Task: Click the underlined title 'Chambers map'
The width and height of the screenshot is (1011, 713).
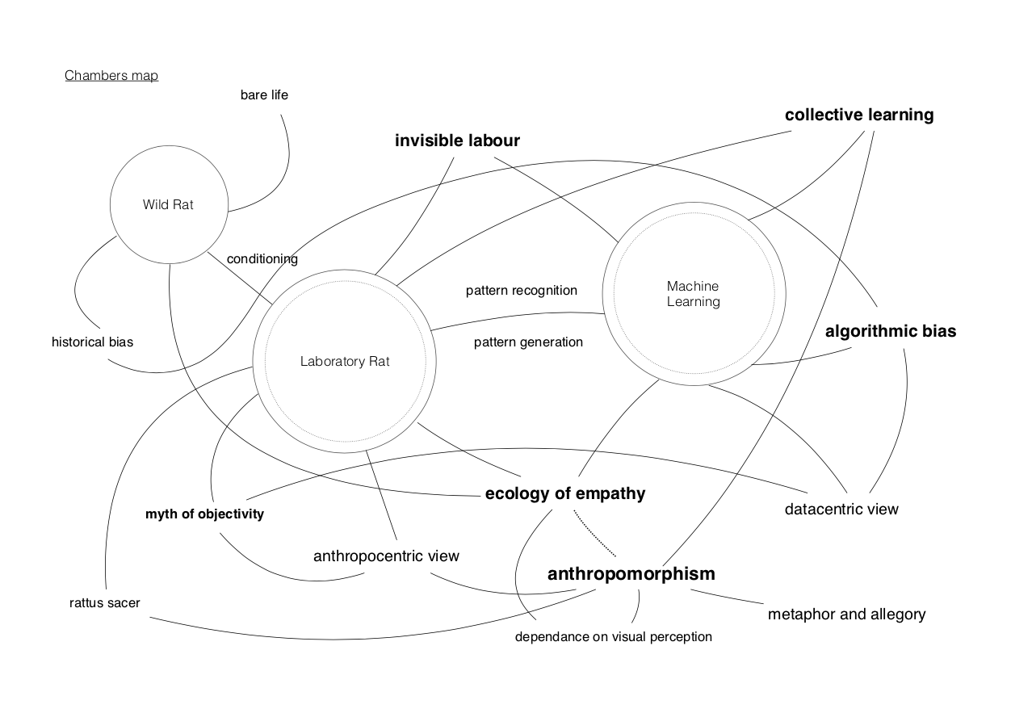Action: tap(111, 76)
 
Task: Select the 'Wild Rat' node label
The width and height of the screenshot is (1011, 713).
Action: tap(168, 205)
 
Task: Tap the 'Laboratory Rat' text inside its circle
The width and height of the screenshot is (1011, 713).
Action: tap(345, 362)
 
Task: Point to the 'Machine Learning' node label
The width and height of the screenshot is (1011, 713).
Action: tap(693, 294)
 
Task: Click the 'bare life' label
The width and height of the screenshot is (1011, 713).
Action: tap(264, 95)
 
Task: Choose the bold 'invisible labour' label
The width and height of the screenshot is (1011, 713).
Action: tap(457, 141)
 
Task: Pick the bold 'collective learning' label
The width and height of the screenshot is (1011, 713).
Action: tap(859, 115)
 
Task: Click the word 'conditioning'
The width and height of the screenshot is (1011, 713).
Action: tap(262, 259)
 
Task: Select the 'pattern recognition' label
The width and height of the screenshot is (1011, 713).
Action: tap(522, 291)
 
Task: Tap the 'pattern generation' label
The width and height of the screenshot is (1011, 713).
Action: tap(528, 342)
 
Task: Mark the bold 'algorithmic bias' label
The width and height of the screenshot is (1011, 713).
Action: tap(891, 331)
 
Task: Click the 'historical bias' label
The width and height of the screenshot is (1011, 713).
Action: tap(92, 342)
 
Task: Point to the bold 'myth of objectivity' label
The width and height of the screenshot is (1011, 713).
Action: tap(204, 514)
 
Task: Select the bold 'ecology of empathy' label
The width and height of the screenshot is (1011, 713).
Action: tap(565, 493)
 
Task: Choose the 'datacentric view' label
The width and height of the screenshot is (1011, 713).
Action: tap(841, 510)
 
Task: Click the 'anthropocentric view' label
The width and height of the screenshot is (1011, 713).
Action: tap(386, 556)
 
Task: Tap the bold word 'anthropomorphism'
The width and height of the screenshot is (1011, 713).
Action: tap(631, 574)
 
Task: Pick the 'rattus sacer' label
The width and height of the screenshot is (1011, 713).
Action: tap(105, 603)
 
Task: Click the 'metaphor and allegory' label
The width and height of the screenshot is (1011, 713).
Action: tap(846, 614)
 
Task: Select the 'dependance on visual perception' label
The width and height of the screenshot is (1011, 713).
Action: tap(614, 637)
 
